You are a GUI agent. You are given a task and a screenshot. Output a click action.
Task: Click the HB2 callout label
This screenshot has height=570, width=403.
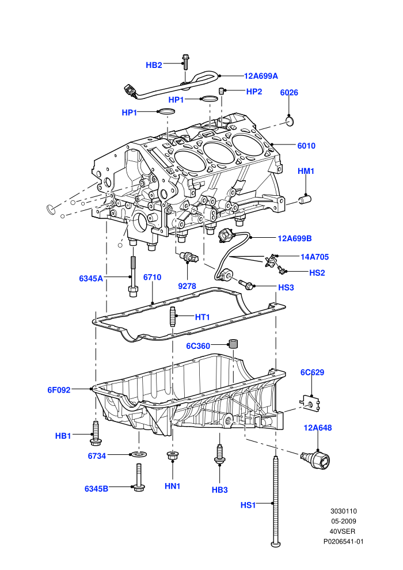(x=154, y=65)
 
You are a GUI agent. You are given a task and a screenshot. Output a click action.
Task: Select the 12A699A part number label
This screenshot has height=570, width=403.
(x=261, y=76)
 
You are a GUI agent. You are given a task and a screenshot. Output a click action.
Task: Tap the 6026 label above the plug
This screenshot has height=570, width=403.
(x=289, y=93)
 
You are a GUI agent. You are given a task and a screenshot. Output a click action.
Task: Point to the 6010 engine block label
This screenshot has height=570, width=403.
(x=306, y=146)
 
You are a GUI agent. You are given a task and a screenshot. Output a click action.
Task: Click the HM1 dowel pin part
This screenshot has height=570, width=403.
(x=305, y=199)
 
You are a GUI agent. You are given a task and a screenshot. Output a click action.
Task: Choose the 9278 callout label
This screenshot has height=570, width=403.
(x=187, y=286)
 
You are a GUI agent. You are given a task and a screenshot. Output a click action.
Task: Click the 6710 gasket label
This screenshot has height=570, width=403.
(x=152, y=278)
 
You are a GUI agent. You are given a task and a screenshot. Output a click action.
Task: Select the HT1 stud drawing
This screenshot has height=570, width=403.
(x=173, y=317)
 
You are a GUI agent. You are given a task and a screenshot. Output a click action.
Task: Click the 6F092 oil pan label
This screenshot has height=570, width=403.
(x=59, y=390)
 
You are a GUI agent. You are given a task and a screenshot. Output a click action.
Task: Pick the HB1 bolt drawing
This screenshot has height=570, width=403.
(x=96, y=433)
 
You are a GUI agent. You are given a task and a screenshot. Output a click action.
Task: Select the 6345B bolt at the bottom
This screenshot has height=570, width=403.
(x=139, y=478)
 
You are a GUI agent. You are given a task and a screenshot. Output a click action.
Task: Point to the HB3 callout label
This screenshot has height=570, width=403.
(x=220, y=490)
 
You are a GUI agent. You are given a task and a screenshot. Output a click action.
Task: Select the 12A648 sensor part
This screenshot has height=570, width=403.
(x=317, y=459)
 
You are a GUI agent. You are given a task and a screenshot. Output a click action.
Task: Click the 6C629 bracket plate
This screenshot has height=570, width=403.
(x=310, y=403)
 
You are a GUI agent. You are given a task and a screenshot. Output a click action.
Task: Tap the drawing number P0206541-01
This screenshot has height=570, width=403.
(x=343, y=542)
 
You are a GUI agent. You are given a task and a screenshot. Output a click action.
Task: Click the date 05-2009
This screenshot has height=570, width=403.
(x=343, y=521)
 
